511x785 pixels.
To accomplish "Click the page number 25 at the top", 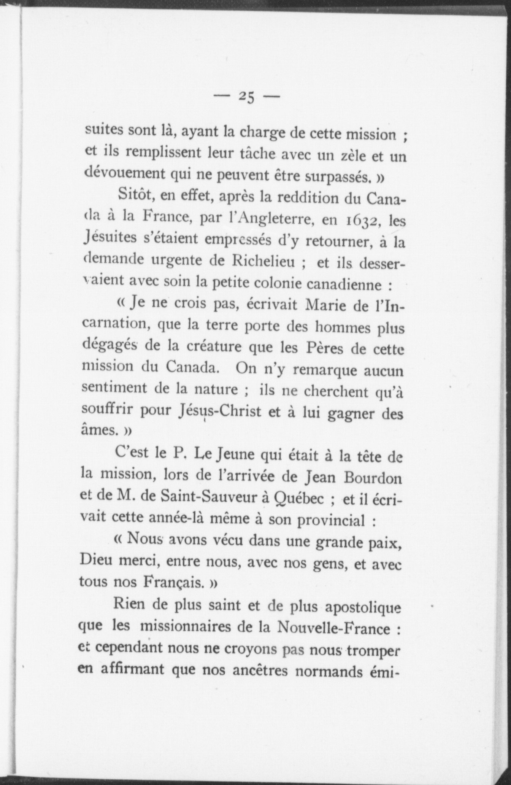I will click(x=246, y=97).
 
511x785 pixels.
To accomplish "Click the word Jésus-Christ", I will click(x=219, y=412).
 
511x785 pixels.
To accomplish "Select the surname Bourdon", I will click(x=372, y=477).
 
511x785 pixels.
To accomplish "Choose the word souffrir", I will click(x=107, y=411).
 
